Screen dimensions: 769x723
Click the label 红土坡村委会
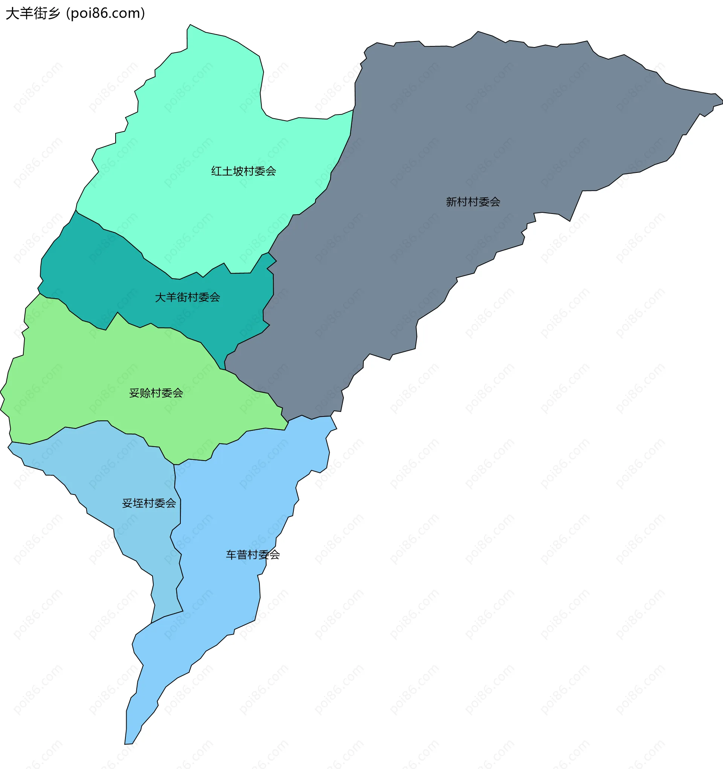click(x=243, y=171)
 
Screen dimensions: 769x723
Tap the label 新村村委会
click(x=473, y=201)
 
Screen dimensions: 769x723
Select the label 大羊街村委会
click(x=187, y=297)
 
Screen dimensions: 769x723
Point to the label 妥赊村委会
click(x=156, y=393)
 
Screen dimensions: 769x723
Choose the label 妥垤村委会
click(x=149, y=503)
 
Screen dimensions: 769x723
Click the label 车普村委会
click(x=253, y=555)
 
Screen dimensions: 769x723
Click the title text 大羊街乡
click(x=33, y=14)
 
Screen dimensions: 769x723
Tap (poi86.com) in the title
click(x=105, y=14)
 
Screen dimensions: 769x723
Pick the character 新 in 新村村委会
click(x=451, y=201)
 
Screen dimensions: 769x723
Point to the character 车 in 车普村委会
click(x=231, y=555)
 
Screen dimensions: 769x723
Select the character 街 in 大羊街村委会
click(x=182, y=297)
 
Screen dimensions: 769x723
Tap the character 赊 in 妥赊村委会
click(x=145, y=393)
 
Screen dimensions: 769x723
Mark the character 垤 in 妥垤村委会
click(x=138, y=503)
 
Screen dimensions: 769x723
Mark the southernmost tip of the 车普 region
click(x=125, y=744)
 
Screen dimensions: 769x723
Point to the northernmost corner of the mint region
click(x=190, y=25)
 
